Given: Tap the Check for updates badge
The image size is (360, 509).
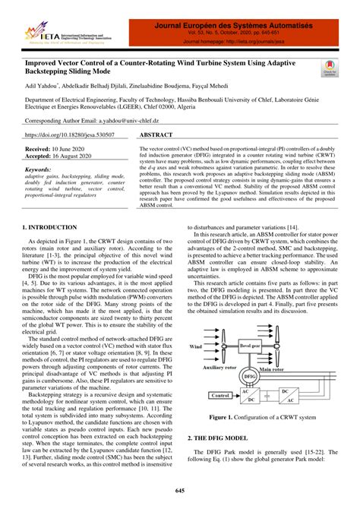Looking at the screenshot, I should (x=328, y=69).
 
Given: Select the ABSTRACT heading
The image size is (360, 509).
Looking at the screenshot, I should (x=157, y=133).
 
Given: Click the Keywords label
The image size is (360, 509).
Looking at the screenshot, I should (x=39, y=171).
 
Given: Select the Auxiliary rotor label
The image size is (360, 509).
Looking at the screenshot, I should (x=223, y=366).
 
